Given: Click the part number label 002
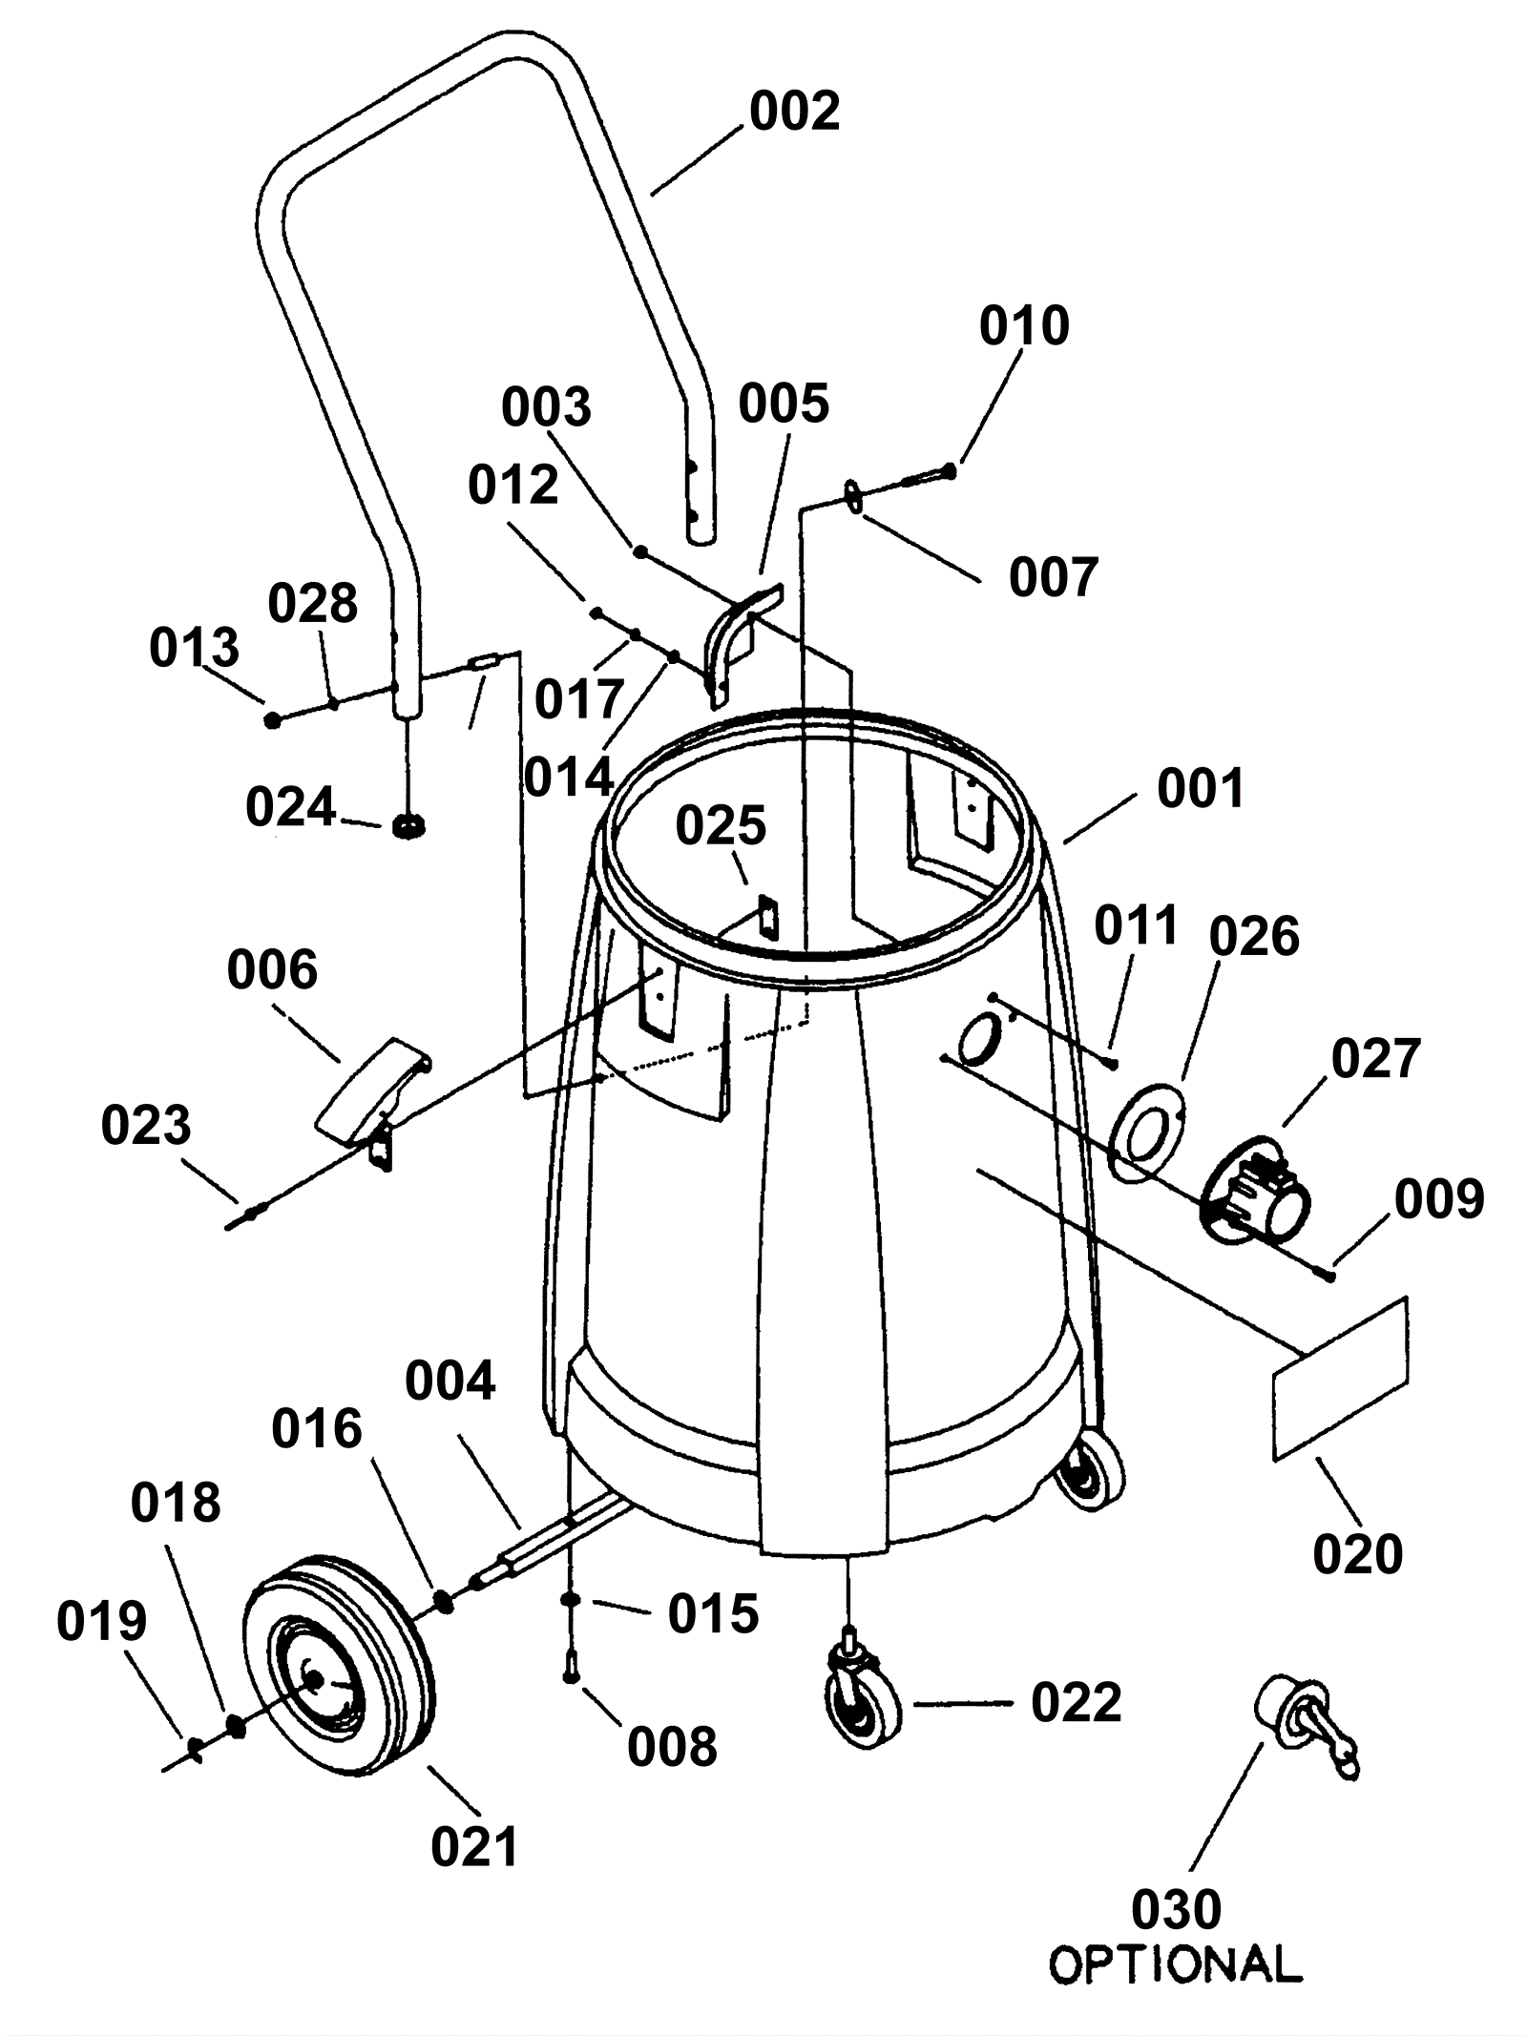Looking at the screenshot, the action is coord(794,112).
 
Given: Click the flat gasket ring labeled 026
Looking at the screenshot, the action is coord(1147,1129).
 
